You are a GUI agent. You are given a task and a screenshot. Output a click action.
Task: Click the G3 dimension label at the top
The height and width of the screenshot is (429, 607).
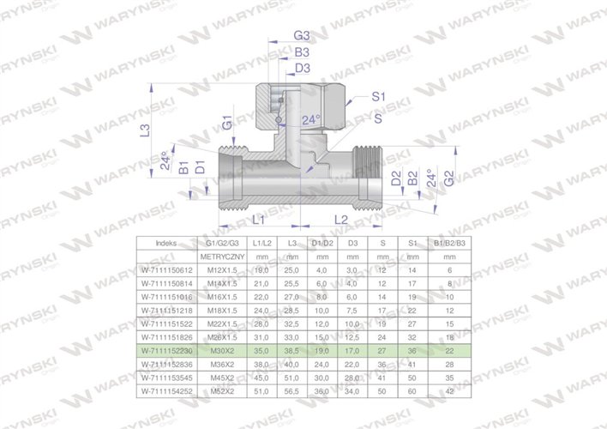coord(301,36)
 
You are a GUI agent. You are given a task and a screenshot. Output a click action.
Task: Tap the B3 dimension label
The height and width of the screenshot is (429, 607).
coord(301,52)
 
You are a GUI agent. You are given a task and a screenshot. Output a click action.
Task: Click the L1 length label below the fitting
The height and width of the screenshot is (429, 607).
coord(258,220)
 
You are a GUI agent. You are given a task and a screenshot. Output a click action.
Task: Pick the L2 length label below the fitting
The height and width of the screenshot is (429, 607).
coord(340,220)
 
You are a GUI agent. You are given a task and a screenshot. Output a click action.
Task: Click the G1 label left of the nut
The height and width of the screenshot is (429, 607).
coord(227,122)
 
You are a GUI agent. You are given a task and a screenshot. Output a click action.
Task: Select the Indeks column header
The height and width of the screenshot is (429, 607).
coord(168,243)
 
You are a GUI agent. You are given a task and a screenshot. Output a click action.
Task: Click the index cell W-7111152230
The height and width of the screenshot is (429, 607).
coord(168,351)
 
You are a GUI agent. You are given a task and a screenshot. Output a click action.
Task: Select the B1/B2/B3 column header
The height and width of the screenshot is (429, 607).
coord(448,243)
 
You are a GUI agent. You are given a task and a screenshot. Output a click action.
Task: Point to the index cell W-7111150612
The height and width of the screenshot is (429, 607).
coord(168,269)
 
